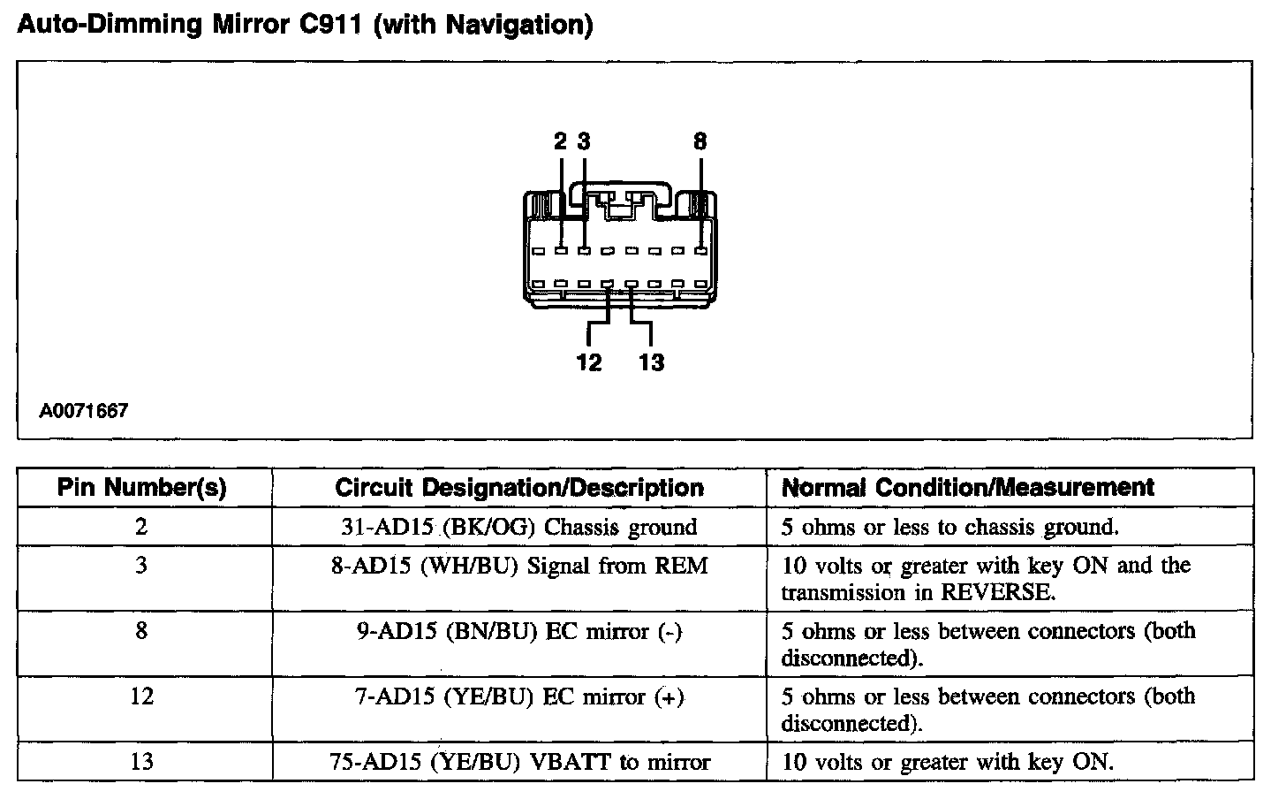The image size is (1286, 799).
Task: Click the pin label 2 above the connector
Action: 561,141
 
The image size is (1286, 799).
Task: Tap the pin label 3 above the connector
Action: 584,141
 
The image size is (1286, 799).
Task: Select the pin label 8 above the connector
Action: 700,141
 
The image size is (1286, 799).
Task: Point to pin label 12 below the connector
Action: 588,362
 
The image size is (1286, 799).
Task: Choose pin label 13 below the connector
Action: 651,362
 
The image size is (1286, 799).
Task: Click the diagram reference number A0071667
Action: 84,411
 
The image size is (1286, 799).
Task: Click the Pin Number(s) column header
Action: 141,487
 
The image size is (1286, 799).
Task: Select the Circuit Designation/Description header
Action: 519,487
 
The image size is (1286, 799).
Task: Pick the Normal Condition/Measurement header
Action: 968,487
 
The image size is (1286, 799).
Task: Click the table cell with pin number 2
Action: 141,528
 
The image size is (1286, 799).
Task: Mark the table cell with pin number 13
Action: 141,762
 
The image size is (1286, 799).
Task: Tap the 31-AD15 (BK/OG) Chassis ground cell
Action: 519,528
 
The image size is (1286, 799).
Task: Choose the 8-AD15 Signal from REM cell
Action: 519,566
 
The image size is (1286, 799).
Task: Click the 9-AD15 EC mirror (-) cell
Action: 519,632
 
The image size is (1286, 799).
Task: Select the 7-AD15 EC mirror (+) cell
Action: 519,697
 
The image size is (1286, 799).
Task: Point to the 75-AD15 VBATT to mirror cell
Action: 519,762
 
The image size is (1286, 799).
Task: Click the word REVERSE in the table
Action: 997,593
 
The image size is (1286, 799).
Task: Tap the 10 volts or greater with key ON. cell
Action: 948,762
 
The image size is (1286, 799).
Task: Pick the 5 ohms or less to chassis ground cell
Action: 950,528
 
